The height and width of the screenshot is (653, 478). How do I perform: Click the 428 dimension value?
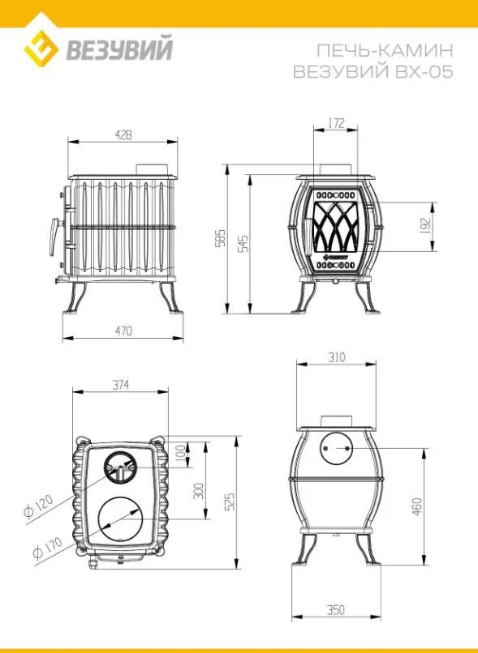coord(123,135)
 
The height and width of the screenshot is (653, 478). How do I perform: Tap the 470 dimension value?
coord(123,331)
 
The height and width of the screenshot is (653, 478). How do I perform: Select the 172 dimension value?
coord(336,123)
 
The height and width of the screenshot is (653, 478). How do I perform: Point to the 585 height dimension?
coord(221,237)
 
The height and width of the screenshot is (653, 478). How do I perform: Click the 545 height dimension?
coord(244,243)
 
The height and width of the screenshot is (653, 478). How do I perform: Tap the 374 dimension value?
coord(121,385)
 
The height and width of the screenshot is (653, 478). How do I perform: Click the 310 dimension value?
coord(337,357)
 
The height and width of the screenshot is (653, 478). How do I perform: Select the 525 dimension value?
coord(230,501)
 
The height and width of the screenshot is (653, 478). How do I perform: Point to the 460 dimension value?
coord(417,506)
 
